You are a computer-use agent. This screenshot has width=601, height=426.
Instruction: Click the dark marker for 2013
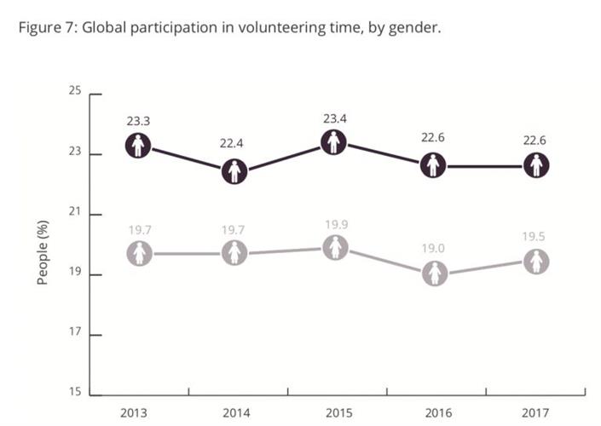pyautogui.click(x=137, y=146)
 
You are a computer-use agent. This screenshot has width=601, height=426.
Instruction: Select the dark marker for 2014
pyautogui.click(x=235, y=171)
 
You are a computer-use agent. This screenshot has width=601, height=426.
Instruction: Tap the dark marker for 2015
pyautogui.click(x=335, y=142)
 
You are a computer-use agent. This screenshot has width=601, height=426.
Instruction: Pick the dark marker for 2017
pyautogui.click(x=536, y=165)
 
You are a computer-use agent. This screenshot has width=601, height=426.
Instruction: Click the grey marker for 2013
pyautogui.click(x=140, y=253)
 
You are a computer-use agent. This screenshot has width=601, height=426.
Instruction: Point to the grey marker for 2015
pyautogui.click(x=337, y=248)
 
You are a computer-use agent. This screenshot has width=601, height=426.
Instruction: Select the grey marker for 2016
pyautogui.click(x=436, y=273)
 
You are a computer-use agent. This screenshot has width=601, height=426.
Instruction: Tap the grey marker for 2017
pyautogui.click(x=536, y=262)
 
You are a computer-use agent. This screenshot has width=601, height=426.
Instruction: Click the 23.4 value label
pyautogui.click(x=335, y=118)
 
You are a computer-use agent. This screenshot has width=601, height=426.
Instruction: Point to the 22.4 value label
pyautogui.click(x=235, y=144)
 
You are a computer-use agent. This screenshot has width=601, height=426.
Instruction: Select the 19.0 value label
pyautogui.click(x=436, y=248)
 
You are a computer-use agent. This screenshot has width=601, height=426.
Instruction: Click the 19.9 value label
pyautogui.click(x=337, y=224)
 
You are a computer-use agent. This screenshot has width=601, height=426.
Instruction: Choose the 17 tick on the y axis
pyautogui.click(x=76, y=333)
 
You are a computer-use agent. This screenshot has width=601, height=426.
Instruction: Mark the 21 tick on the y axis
pyautogui.click(x=76, y=213)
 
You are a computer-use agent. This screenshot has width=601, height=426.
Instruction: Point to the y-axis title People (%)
pyautogui.click(x=42, y=252)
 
